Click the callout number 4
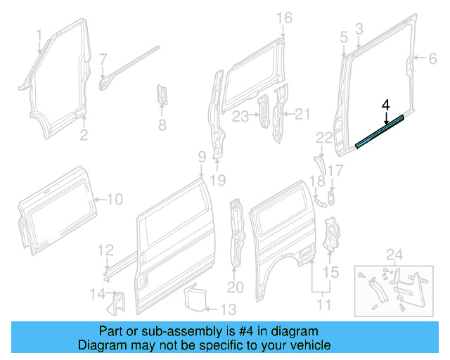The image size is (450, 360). [x=385, y=105]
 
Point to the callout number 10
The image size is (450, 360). [x=114, y=199]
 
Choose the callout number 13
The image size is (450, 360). [x=229, y=309]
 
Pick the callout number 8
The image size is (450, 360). [x=162, y=126]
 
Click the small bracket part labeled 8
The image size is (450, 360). [x=162, y=95]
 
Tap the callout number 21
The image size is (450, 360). [x=302, y=114]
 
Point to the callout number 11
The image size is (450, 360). [x=323, y=305]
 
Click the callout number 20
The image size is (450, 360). [x=235, y=286]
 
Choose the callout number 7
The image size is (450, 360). [x=103, y=59]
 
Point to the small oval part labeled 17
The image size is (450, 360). [x=330, y=195]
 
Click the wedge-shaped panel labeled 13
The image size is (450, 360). [x=193, y=296]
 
